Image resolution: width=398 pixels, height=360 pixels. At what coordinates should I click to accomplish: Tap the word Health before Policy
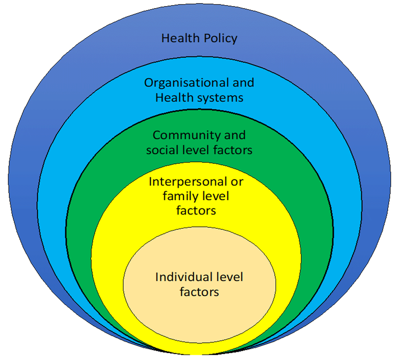point(180,38)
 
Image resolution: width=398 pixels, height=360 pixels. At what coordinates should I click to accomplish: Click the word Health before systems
point(174,98)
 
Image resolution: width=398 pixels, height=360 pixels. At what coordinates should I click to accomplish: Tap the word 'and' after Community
point(235,135)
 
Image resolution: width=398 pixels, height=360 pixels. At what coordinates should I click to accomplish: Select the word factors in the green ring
point(233,150)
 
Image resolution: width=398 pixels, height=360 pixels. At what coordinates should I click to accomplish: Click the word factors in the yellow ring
point(196,211)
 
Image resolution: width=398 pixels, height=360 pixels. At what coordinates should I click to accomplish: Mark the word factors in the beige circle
point(199,292)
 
